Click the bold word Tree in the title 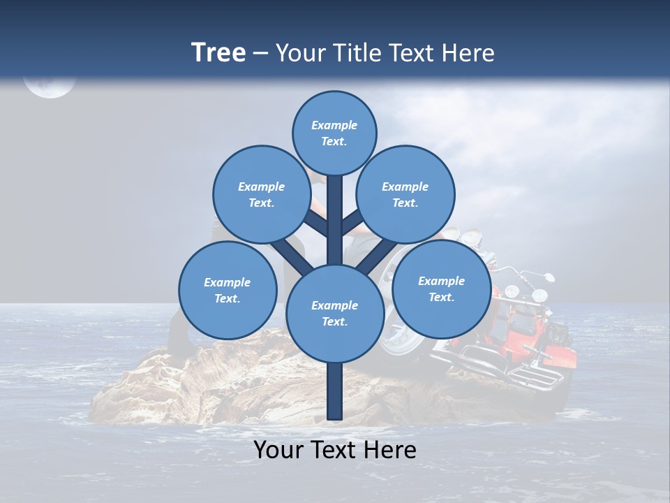[x=218, y=52]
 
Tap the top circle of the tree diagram [x=334, y=133]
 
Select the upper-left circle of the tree [x=261, y=194]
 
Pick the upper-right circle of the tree [x=405, y=194]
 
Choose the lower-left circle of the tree [x=228, y=290]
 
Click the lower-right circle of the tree [x=441, y=289]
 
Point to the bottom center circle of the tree [x=335, y=314]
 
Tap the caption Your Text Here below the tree [x=335, y=450]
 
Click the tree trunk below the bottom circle [x=335, y=391]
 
